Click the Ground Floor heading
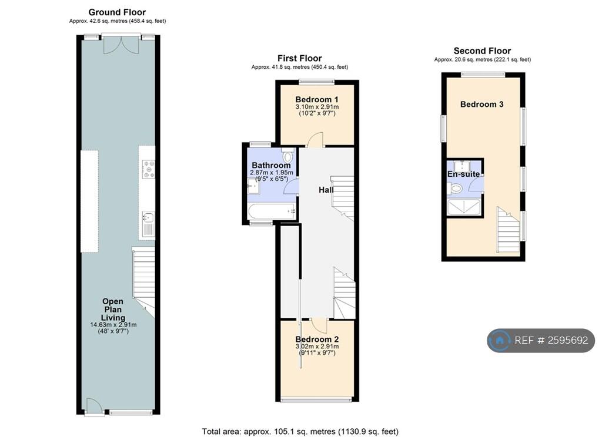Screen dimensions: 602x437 click(117, 12)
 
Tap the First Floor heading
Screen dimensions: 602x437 click(299, 58)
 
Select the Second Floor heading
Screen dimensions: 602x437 click(482, 51)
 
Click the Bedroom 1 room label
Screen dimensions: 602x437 click(317, 99)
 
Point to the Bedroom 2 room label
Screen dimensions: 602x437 click(317, 339)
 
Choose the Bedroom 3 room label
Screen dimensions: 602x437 click(482, 104)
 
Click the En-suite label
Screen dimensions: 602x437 click(463, 174)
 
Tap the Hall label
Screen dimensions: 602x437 click(326, 190)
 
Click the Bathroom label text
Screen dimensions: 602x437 click(271, 166)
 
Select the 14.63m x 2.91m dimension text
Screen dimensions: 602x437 click(113, 325)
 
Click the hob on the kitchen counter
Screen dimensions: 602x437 click(149, 169)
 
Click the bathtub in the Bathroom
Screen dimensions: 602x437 click(272, 211)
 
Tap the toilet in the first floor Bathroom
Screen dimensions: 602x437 click(287, 154)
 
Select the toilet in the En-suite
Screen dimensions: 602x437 click(454, 188)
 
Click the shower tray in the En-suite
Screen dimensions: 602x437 click(464, 207)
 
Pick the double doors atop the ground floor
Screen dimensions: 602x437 click(121, 44)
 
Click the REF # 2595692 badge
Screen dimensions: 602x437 click(541, 340)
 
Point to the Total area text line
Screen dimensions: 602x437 click(300, 432)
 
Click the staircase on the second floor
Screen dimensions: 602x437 click(509, 230)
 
